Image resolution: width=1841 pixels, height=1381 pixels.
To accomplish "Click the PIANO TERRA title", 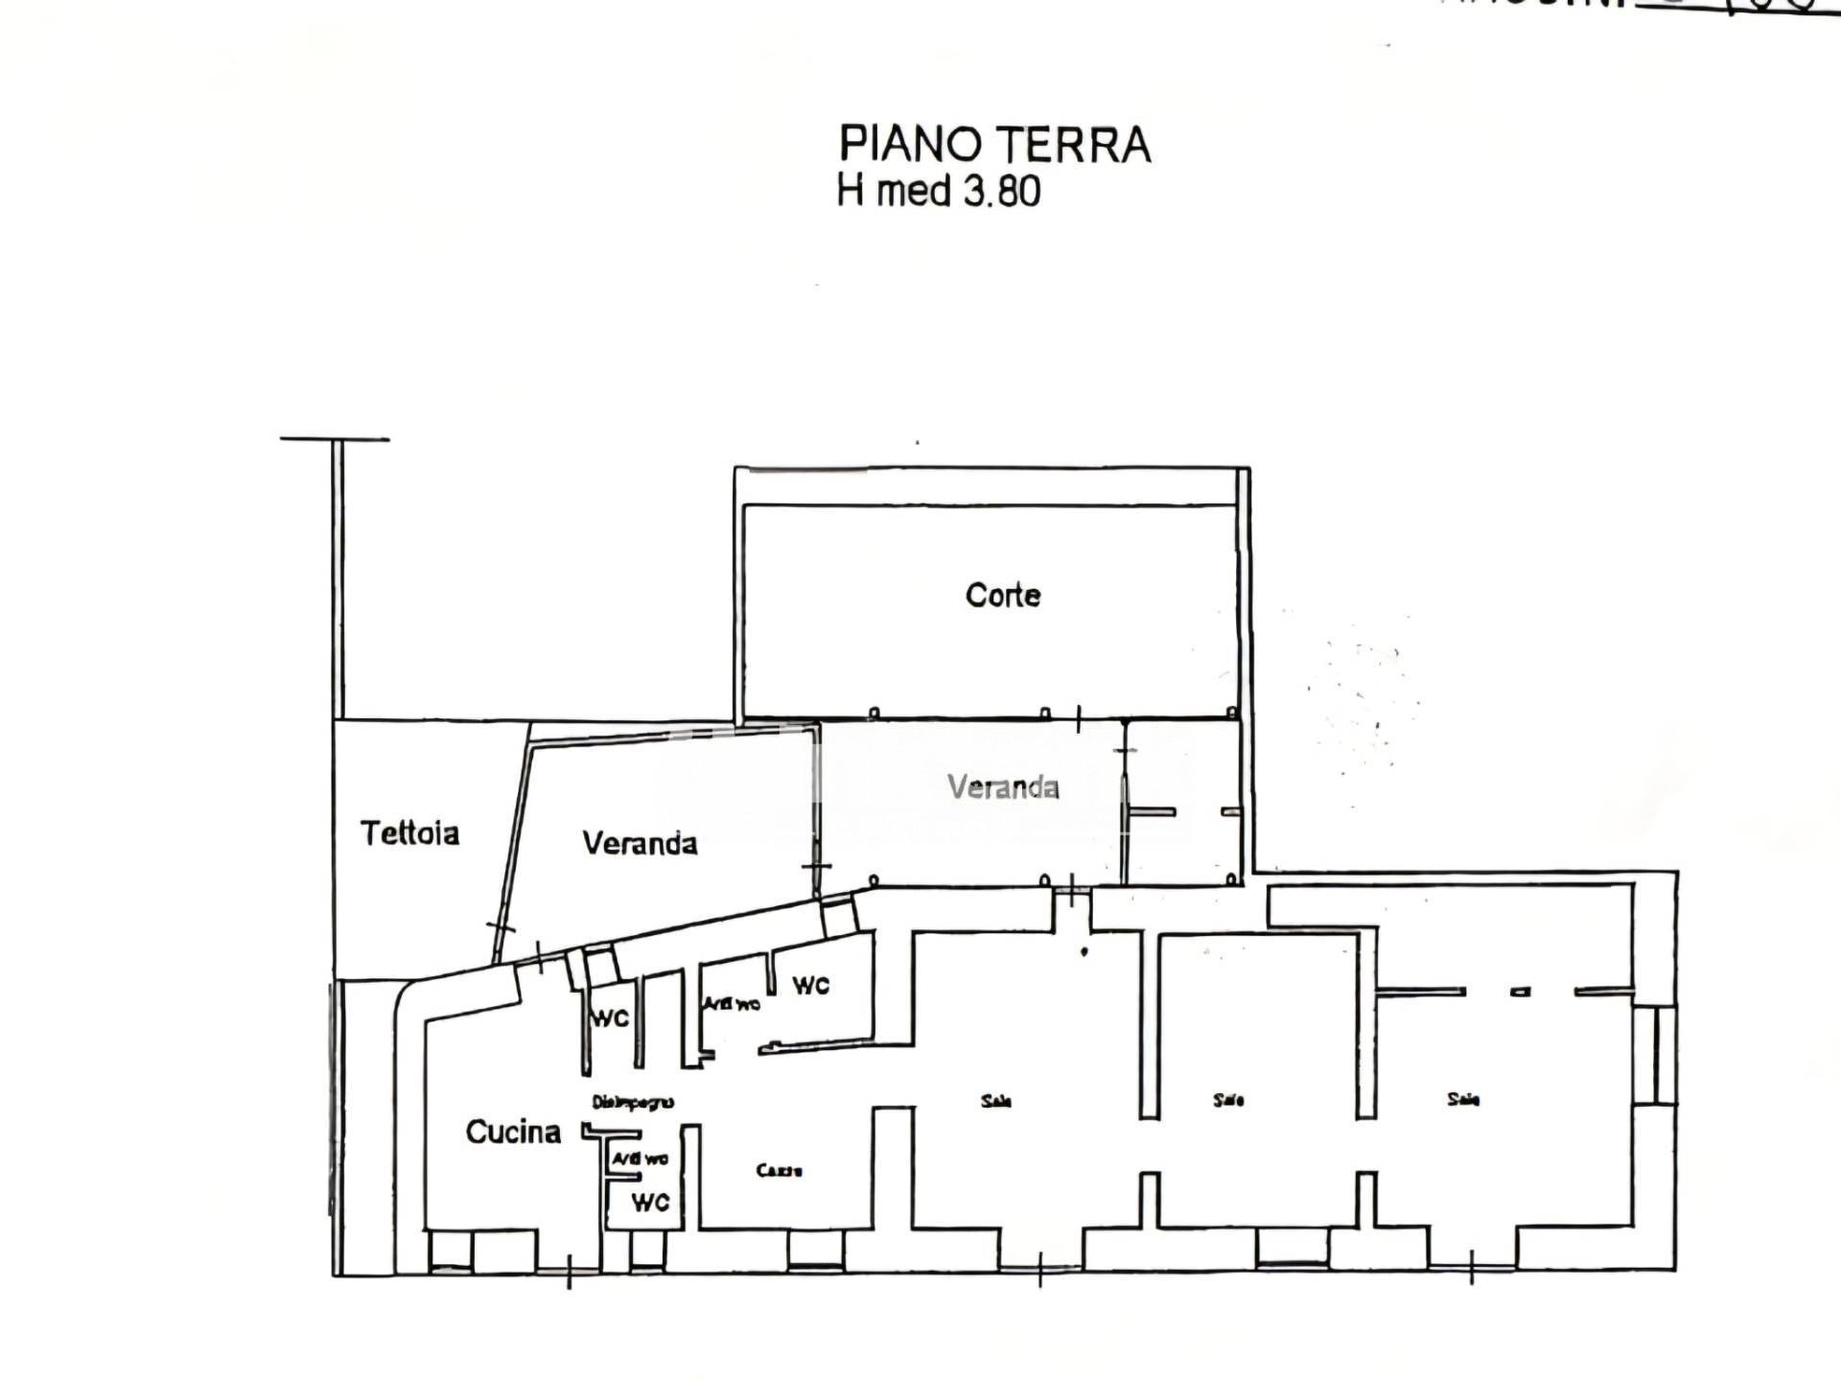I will click(x=994, y=145).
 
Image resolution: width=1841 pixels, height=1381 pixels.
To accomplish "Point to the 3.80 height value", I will click(x=1002, y=191).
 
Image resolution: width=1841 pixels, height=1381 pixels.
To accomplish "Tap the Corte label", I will click(x=1003, y=596).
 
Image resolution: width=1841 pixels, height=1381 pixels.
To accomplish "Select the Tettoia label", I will click(x=409, y=832).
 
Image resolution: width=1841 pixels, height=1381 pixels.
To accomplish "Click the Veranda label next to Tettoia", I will click(x=640, y=843).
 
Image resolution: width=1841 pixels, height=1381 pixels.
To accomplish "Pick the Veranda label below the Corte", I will click(x=1003, y=787).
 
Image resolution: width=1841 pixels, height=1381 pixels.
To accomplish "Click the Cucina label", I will click(x=513, y=1132).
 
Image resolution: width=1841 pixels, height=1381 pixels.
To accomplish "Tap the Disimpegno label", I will click(x=633, y=1102).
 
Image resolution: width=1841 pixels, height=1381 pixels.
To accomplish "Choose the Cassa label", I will click(x=779, y=1170).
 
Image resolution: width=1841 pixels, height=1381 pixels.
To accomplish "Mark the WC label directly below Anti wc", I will click(x=650, y=1202).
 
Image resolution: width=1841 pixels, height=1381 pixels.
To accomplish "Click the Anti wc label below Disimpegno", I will click(x=641, y=1159).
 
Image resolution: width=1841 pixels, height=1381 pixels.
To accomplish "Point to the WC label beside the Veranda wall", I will click(x=810, y=985).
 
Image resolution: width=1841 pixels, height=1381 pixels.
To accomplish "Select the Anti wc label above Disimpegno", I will click(x=733, y=1003).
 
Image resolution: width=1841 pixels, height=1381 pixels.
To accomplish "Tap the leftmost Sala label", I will click(x=996, y=1101).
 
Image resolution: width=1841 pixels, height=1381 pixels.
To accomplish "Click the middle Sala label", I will click(x=1228, y=1100).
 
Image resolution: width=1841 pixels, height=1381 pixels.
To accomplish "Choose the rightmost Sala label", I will click(x=1463, y=1099).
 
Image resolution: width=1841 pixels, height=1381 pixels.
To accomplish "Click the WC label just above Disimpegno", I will click(x=610, y=1018).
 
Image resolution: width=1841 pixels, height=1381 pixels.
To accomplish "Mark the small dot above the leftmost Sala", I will click(x=1084, y=951).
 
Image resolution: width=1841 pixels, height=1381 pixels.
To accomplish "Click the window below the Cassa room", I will click(x=815, y=1249).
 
